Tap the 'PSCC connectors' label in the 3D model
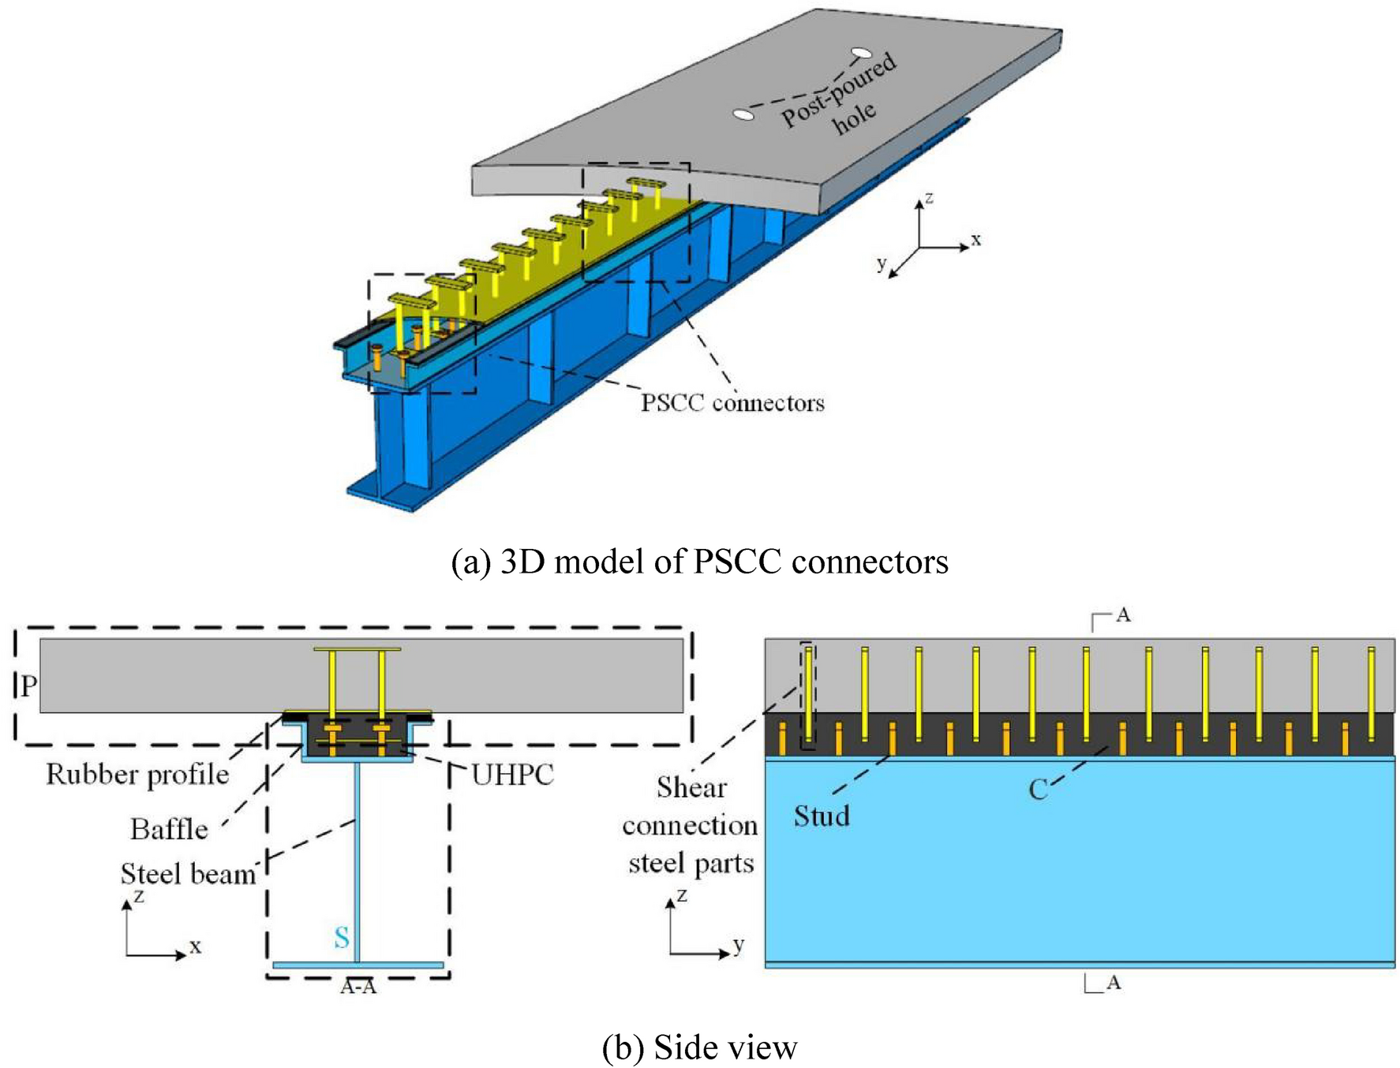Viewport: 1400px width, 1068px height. coord(732,403)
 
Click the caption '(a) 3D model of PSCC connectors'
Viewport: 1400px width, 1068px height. coord(699,562)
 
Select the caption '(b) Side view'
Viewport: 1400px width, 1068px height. coord(699,1047)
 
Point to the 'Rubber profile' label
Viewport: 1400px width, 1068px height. coord(137,775)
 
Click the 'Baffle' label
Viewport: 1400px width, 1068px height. coord(169,830)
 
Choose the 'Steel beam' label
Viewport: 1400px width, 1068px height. coord(188,874)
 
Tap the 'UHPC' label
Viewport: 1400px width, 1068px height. coord(513,775)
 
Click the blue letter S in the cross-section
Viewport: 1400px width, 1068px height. coord(341,937)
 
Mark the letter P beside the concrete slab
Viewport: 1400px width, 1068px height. coord(28,686)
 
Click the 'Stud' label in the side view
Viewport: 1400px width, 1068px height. coord(822,816)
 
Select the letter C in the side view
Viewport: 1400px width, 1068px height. coord(1038,790)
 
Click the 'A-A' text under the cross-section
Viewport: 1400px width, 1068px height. coord(358,987)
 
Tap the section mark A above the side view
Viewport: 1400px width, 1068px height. coord(1122,615)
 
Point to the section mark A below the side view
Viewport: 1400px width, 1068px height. coord(1113,982)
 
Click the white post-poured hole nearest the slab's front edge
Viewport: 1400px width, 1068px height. coord(743,115)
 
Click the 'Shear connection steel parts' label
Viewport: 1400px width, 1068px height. coord(691,825)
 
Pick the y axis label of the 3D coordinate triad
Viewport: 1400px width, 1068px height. coord(882,263)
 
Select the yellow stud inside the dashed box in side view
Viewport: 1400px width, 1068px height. coord(809,694)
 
